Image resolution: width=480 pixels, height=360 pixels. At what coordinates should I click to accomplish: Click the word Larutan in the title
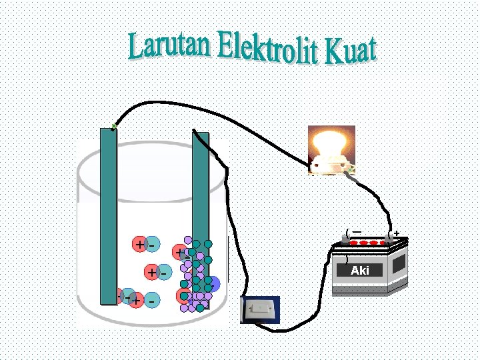[171, 45]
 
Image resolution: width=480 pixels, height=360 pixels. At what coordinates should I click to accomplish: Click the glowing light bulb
[331, 143]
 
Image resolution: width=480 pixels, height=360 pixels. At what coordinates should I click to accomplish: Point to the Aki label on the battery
[360, 271]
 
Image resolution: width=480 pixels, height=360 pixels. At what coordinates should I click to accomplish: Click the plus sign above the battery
[397, 234]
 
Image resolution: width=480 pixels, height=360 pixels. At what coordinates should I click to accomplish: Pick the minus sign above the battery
[357, 232]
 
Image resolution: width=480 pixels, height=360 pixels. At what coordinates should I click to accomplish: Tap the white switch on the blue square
[259, 309]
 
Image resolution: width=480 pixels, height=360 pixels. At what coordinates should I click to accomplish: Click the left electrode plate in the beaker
[108, 220]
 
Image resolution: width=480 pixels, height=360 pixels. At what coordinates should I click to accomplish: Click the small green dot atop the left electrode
[114, 125]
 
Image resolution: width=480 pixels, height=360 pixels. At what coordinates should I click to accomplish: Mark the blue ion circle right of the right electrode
[213, 285]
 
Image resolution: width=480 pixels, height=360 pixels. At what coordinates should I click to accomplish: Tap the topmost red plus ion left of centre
[139, 244]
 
